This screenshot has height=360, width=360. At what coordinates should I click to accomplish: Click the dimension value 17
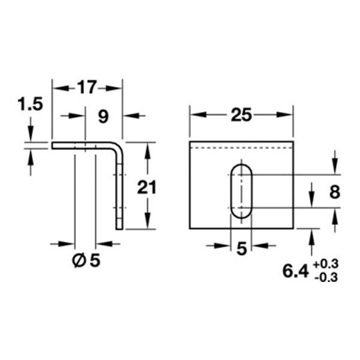86,87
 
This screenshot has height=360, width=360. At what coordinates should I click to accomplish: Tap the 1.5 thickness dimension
31,104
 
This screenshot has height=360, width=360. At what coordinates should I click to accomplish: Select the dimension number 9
103,116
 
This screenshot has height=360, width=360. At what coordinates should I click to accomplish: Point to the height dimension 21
146,187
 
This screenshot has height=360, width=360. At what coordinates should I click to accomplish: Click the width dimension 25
241,115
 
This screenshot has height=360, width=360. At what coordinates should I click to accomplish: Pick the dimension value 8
335,192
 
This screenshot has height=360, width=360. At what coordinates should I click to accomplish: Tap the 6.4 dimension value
295,271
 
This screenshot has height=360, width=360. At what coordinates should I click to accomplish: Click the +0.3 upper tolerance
326,264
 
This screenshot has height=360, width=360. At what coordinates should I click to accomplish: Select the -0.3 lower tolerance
326,278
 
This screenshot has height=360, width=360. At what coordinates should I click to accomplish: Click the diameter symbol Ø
79,261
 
